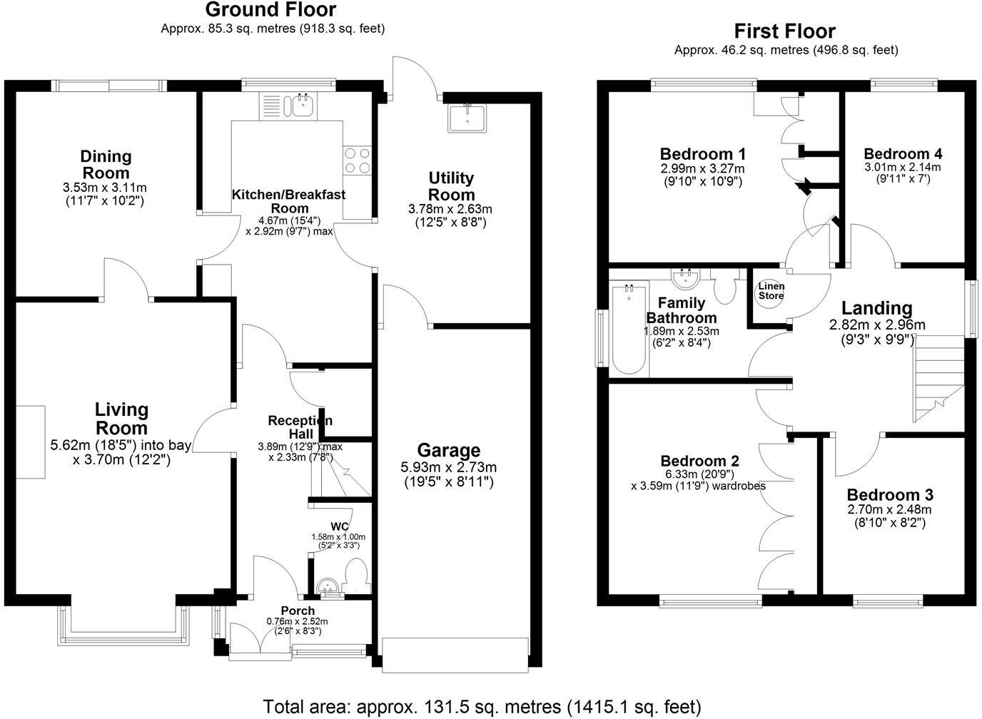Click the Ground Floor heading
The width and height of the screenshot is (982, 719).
tap(270, 10)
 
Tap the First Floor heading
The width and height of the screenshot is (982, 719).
tap(785, 31)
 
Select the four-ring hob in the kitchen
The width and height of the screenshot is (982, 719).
tap(358, 160)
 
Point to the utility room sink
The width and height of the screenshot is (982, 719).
tap(467, 118)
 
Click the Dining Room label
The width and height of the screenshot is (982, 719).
tap(106, 164)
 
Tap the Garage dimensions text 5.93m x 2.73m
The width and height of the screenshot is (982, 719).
tap(448, 467)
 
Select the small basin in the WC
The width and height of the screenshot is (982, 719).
tap(328, 587)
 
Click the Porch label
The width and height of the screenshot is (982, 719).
tap(298, 611)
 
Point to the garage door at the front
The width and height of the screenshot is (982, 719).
tap(455, 655)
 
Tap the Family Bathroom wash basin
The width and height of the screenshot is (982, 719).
tap(685, 278)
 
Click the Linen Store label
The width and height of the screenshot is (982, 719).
tap(771, 290)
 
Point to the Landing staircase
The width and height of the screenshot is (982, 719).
tap(939, 379)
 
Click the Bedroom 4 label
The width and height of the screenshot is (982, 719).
tap(903, 154)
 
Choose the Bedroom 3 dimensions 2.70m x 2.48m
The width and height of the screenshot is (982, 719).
tap(889, 510)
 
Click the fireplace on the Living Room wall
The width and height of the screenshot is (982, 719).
tap(31, 442)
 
